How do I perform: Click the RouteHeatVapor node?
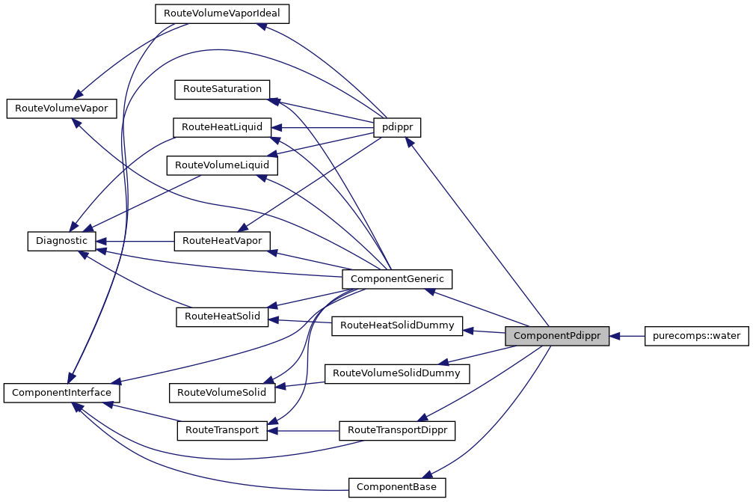(x=221, y=241)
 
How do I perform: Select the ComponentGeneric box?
(x=397, y=279)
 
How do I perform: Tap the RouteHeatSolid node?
(x=221, y=316)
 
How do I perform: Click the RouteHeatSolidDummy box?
(x=397, y=325)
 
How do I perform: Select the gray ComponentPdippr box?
(x=557, y=336)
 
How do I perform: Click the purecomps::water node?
(x=696, y=336)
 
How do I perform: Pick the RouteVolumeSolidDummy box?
(x=397, y=372)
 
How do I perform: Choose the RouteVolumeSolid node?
(x=221, y=391)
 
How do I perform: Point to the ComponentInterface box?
(x=62, y=392)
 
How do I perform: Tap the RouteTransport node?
(x=221, y=430)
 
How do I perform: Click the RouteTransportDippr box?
(x=397, y=430)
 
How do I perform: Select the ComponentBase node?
(x=397, y=487)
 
